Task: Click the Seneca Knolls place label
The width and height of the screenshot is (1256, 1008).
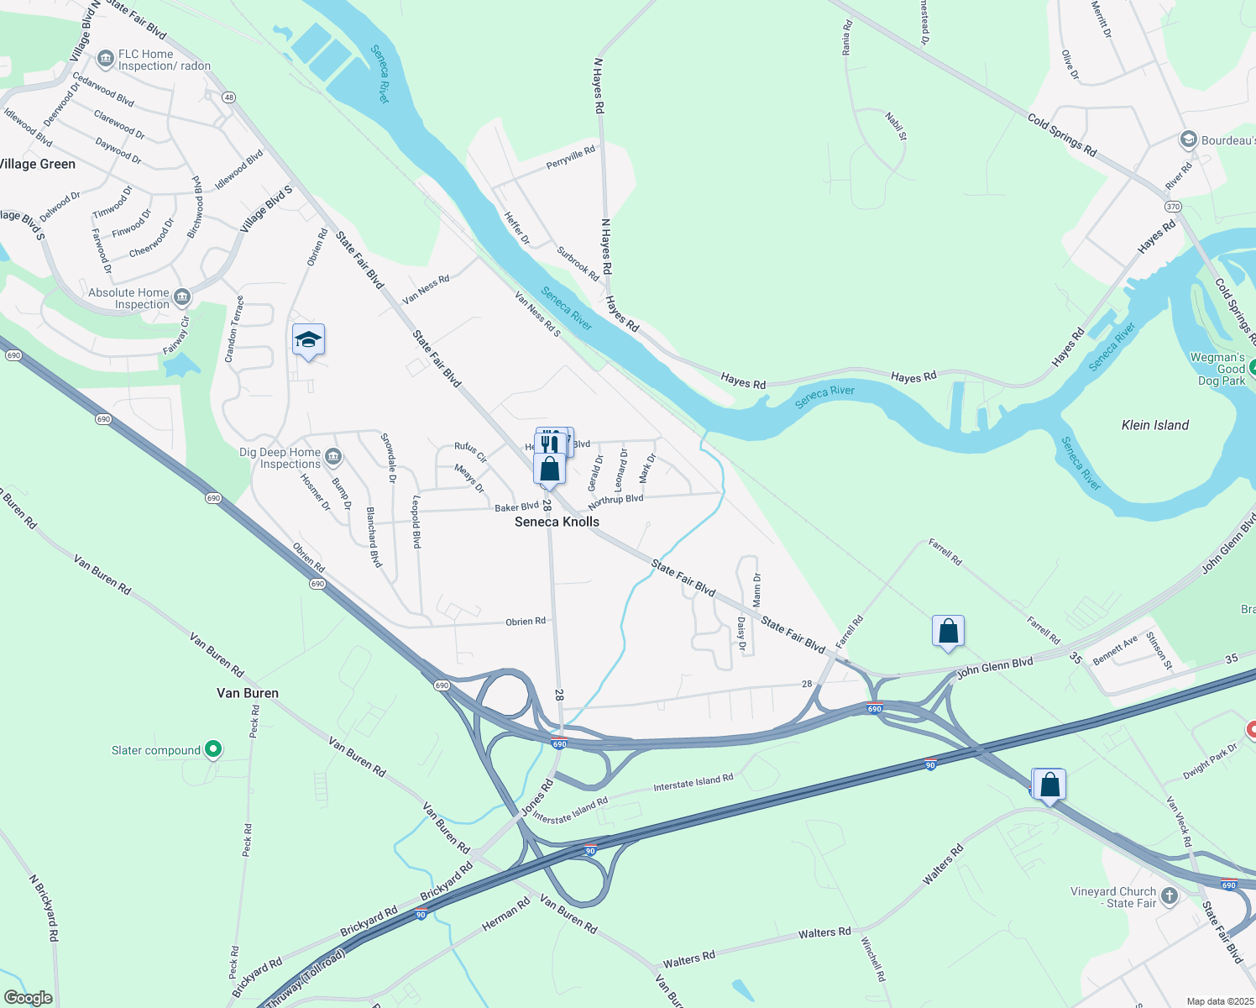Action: tap(557, 522)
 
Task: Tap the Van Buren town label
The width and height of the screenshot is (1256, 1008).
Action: tap(248, 693)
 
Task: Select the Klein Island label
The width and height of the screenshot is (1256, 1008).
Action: tap(1155, 425)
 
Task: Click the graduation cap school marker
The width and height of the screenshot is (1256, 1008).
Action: tap(308, 340)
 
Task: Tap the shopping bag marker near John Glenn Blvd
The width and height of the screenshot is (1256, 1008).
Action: tap(948, 631)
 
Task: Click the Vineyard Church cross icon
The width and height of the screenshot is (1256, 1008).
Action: tap(1169, 897)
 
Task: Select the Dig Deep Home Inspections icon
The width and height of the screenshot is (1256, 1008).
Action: tap(333, 457)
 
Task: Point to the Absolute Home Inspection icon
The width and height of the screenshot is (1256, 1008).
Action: tap(182, 297)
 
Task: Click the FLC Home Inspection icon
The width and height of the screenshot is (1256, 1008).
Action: tap(106, 59)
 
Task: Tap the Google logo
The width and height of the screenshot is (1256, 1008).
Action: tap(29, 998)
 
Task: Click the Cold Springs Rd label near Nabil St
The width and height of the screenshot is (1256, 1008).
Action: tap(1062, 134)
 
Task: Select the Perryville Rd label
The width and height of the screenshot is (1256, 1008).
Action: tap(571, 157)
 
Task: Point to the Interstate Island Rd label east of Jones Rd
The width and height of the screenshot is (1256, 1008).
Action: tap(693, 782)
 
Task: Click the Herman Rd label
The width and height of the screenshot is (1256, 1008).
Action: tap(506, 914)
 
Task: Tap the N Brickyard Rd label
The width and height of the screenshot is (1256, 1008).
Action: tap(44, 908)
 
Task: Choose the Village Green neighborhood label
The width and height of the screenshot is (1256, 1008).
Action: tap(38, 164)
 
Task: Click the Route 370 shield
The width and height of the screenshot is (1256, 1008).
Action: tap(1173, 207)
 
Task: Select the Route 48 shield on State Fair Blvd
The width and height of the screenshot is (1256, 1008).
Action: tap(228, 97)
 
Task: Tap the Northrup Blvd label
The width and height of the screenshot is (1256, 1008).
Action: tap(615, 501)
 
